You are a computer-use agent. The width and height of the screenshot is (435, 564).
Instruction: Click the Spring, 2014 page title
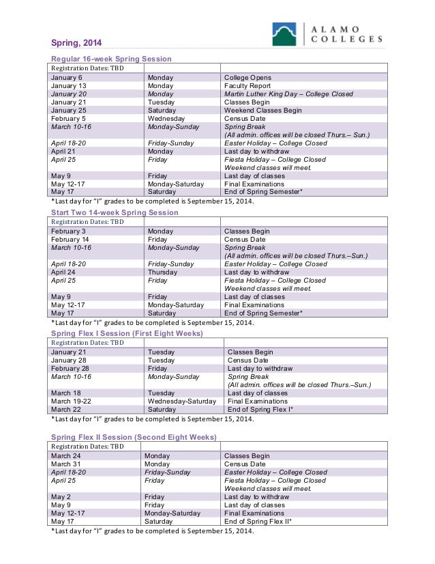pyautogui.click(x=74, y=44)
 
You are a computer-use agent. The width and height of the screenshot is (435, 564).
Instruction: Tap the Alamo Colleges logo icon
pyautogui.click(x=284, y=33)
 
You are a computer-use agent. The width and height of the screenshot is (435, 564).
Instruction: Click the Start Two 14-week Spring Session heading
pyautogui.click(x=115, y=213)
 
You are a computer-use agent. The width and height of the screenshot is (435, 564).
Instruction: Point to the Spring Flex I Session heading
pyautogui.click(x=127, y=333)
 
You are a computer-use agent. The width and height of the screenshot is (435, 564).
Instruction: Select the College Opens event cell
pyautogui.click(x=247, y=78)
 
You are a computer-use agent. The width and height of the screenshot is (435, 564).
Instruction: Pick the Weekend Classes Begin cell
pyautogui.click(x=262, y=111)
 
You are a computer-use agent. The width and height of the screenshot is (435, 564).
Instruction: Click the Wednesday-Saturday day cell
pyautogui.click(x=181, y=401)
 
